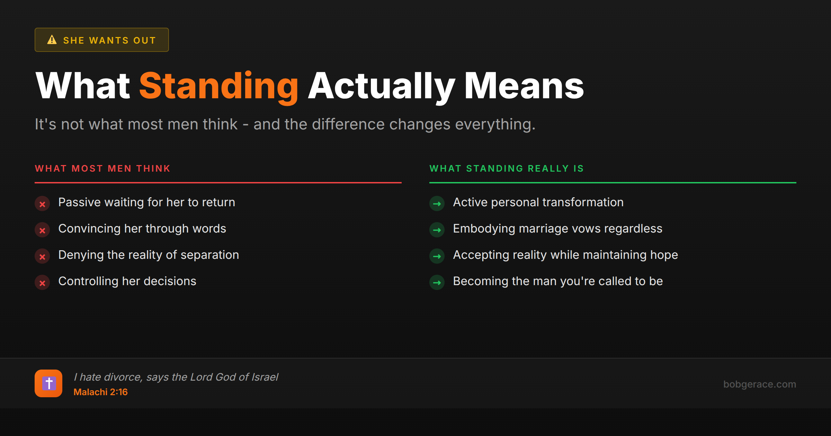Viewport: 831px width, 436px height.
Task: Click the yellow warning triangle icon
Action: coord(52,40)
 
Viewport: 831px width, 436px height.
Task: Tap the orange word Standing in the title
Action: coord(218,87)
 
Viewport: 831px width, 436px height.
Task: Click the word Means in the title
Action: coord(524,87)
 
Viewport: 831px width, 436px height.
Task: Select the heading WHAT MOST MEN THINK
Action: coord(103,169)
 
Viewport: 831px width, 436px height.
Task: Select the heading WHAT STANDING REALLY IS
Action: coord(507,169)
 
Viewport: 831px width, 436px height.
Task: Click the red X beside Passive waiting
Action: coord(42,204)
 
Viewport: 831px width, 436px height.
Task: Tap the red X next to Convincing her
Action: coord(42,230)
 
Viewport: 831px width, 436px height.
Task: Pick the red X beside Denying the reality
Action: coord(42,256)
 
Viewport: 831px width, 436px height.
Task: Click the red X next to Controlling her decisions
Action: coord(42,283)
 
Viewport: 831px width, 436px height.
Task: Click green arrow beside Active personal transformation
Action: coord(437,204)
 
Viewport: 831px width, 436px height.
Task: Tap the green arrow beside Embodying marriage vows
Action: coord(437,230)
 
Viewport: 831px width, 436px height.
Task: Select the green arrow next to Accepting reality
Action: coord(437,256)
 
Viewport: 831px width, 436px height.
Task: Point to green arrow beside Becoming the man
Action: coord(437,283)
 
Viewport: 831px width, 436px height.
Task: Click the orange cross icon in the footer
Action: coord(48,383)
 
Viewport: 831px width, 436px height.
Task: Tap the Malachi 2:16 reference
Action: coord(100,392)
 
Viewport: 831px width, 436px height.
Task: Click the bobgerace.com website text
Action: coord(759,384)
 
